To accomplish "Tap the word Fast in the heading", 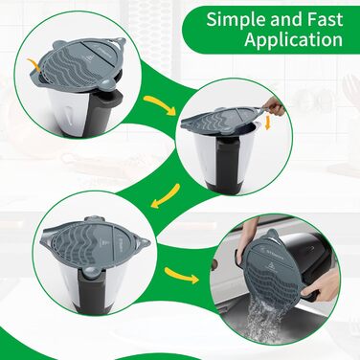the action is pyautogui.click(x=325, y=19).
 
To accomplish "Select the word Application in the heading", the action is pyautogui.click(x=294, y=40).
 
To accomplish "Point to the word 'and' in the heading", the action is pyautogui.click(x=287, y=19).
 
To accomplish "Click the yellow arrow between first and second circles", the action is pyautogui.click(x=160, y=104).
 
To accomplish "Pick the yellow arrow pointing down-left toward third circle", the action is pyautogui.click(x=166, y=196).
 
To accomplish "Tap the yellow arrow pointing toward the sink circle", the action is pyautogui.click(x=182, y=276).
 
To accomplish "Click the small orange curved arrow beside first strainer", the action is pyautogui.click(x=34, y=64).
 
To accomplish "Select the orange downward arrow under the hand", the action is pyautogui.click(x=268, y=123).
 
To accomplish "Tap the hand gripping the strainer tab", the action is pyautogui.click(x=274, y=106).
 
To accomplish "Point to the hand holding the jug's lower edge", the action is pyautogui.click(x=321, y=284).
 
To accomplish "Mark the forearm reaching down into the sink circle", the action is pyautogui.click(x=245, y=236).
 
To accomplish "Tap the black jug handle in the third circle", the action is pyautogui.click(x=93, y=289).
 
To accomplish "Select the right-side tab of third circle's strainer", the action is pyautogui.click(x=143, y=243).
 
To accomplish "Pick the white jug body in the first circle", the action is pyautogui.click(x=66, y=110).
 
